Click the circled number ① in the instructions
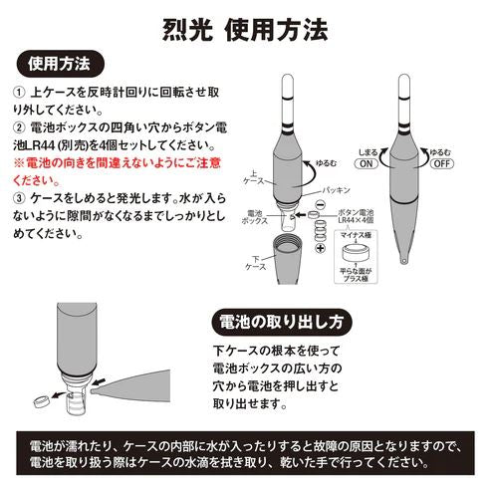pos(20,93)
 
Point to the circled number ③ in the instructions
pos(20,199)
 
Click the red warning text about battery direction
pos(120,171)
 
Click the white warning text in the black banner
pos(245,455)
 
